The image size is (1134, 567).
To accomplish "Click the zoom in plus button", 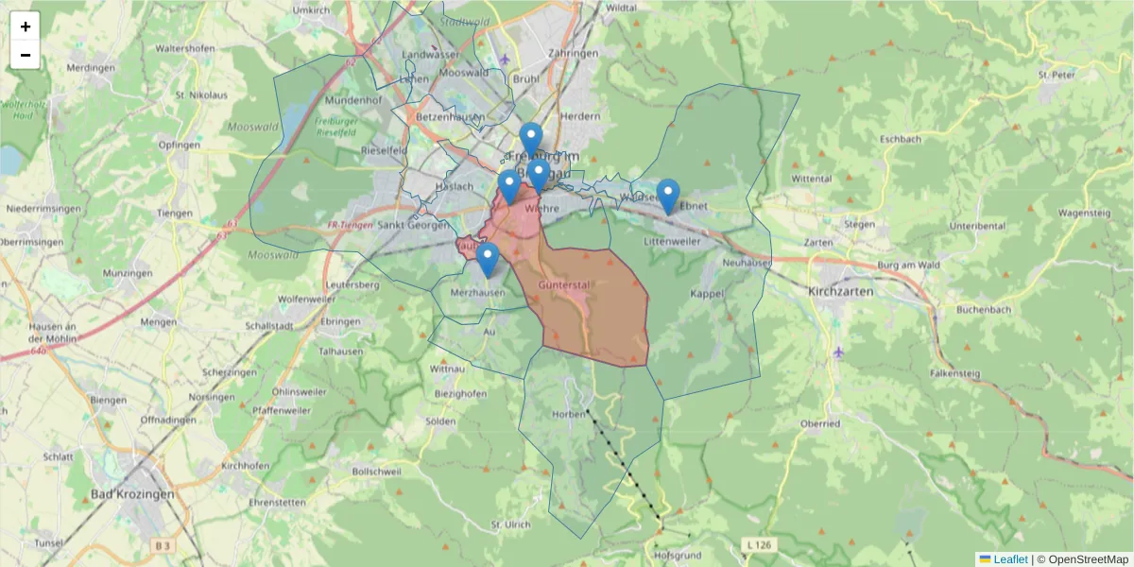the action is (x=26, y=26).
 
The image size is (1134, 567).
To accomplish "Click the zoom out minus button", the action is (x=26, y=55).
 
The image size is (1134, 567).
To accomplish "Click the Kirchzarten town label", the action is (x=841, y=292).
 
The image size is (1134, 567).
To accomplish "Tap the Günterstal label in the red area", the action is (x=564, y=284).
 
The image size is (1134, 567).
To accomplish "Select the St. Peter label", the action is (x=1057, y=75).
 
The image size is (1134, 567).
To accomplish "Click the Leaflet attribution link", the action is (x=1009, y=559).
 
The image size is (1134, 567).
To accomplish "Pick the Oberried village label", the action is (x=818, y=424).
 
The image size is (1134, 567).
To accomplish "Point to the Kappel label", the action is (x=707, y=294).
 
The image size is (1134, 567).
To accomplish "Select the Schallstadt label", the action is (x=269, y=325).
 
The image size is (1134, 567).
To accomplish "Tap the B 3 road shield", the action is (x=163, y=546).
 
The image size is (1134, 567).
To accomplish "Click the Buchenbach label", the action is (x=985, y=310).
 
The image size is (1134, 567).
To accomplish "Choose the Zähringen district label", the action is (x=574, y=55).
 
